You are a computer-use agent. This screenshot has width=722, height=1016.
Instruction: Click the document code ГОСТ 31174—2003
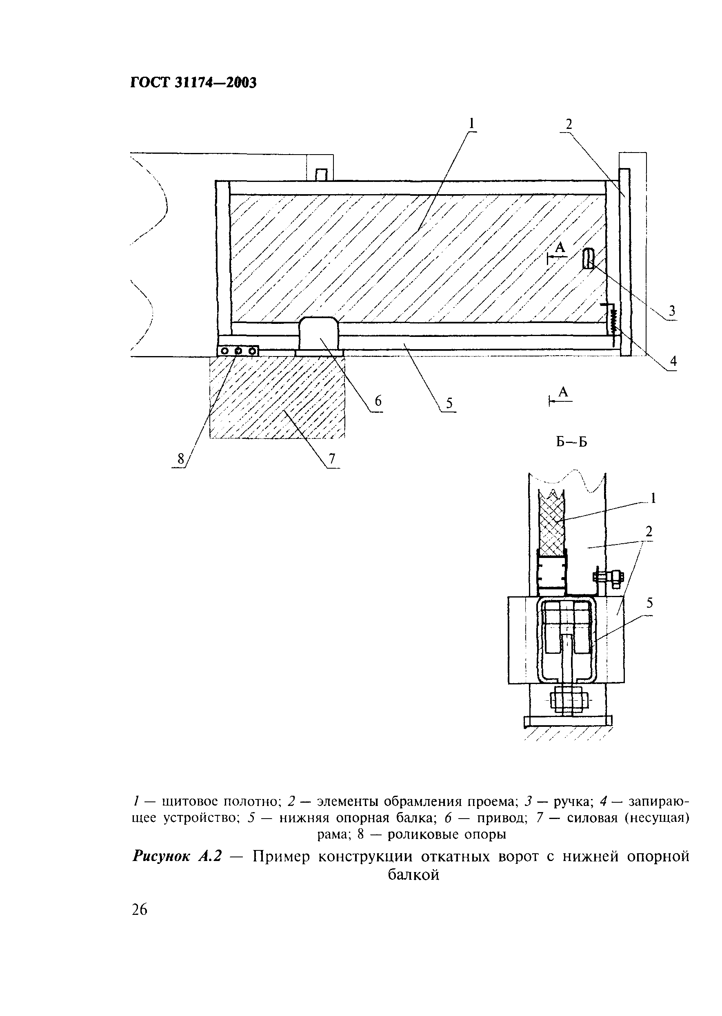point(193,83)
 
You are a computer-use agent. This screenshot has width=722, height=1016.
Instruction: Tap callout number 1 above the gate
point(472,123)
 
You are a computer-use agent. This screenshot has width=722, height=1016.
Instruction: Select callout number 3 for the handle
point(672,310)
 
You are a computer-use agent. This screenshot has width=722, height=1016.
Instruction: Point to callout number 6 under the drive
point(378,401)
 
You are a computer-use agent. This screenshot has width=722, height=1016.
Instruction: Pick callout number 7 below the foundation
point(332,458)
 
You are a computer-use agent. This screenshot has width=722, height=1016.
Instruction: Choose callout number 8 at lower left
point(180,458)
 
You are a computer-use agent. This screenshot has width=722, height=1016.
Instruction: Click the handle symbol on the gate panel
point(588,259)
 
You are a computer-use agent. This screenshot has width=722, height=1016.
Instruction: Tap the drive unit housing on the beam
point(319,333)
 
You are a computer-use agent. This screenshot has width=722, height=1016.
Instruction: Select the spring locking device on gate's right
point(613,322)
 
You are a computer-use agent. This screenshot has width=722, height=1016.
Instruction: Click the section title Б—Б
point(571,442)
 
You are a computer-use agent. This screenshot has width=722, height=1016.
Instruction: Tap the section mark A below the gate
point(563,392)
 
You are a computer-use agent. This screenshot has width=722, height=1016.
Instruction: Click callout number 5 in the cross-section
point(649,603)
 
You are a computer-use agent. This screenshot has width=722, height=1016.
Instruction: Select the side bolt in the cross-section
point(608,578)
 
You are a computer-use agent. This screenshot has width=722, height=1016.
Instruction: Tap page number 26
point(140,910)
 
